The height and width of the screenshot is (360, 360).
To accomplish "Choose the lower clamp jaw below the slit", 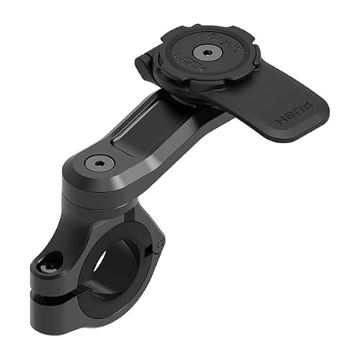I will [72, 317].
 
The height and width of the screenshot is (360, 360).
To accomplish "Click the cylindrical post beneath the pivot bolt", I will [94, 198].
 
